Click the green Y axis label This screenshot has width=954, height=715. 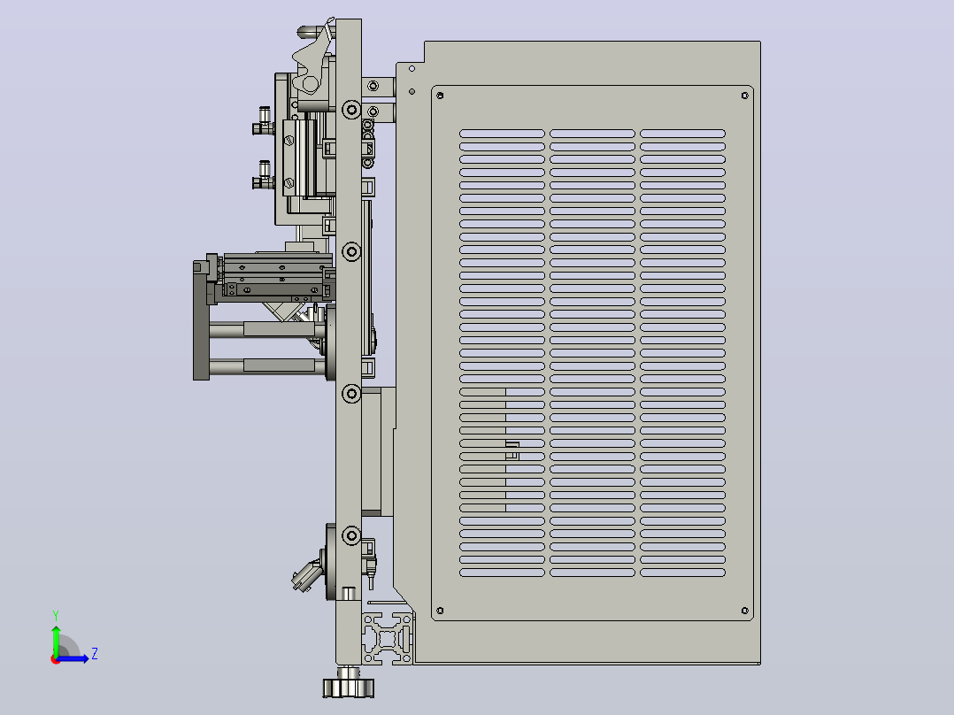56,616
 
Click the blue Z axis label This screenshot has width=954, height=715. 95,654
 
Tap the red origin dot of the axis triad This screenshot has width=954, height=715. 56,659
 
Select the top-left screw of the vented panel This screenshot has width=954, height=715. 440,96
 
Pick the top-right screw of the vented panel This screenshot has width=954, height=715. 745,96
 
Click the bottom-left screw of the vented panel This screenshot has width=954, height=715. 440,611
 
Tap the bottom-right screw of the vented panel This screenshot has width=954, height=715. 745,611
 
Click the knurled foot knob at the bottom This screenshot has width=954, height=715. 348,687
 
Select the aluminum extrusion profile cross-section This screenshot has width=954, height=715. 389,638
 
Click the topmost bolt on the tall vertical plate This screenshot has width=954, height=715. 351,110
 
